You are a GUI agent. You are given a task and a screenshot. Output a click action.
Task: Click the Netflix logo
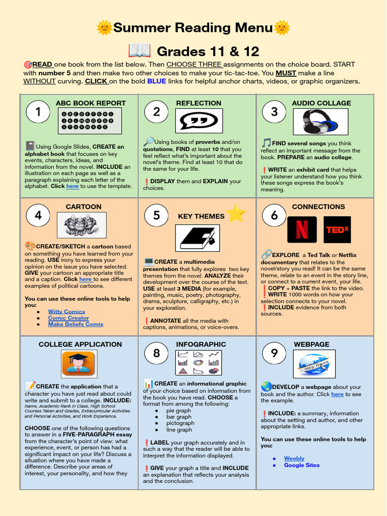pos(302,230)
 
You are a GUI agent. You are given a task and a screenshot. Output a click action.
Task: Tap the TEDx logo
pos(337,230)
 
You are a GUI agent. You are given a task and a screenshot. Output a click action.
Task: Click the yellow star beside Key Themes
pos(236,214)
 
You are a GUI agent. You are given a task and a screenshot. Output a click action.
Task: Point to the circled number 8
pos(157,353)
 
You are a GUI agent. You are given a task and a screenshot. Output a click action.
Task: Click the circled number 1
pos(38,112)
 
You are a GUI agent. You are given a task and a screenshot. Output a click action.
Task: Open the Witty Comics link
pos(67,311)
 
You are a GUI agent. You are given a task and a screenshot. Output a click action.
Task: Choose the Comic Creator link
pos(68,318)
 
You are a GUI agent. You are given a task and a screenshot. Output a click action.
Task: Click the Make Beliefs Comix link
pos(76,325)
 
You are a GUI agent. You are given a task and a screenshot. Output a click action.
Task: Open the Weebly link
pos(294,459)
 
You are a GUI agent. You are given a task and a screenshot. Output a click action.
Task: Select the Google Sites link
pos(301,465)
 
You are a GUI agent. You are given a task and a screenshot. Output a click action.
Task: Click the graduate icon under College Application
pos(78,363)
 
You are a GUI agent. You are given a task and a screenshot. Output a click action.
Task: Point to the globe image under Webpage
pos(313,363)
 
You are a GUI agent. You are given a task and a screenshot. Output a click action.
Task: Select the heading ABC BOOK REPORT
pos(84,103)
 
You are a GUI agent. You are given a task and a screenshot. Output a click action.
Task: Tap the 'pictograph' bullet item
pos(180,423)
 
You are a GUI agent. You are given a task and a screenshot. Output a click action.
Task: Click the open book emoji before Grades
pos(140,51)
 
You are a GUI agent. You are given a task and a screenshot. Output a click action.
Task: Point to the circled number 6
pos(274,216)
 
